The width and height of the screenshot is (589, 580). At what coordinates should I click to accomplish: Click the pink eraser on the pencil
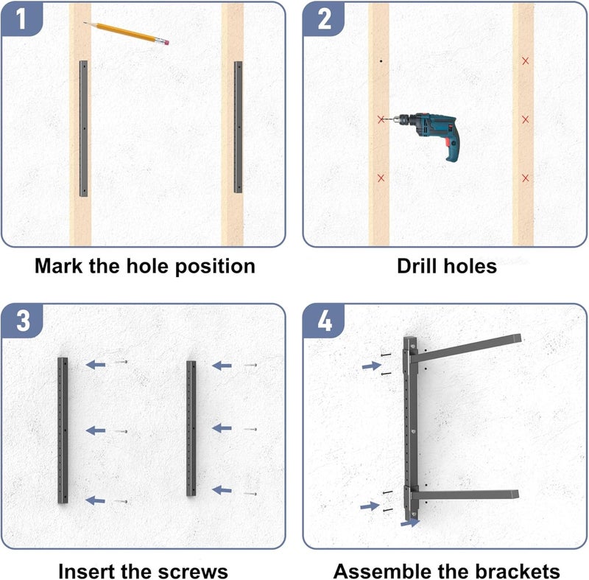tap(165, 42)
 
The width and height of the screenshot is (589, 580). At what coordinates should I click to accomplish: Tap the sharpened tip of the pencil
tap(84, 23)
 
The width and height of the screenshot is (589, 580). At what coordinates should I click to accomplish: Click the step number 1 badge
tap(22, 19)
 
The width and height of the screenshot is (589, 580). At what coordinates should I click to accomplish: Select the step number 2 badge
tap(324, 19)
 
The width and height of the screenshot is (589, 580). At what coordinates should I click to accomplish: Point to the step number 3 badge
tap(23, 321)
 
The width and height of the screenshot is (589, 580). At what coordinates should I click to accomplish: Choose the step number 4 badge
tap(324, 321)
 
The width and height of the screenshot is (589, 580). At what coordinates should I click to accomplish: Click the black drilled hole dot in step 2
tap(381, 60)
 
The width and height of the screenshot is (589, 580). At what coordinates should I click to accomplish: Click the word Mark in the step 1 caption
tap(58, 266)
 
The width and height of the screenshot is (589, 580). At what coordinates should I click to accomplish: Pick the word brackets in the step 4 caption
tap(518, 571)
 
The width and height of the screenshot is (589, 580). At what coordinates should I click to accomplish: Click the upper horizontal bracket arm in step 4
tap(466, 347)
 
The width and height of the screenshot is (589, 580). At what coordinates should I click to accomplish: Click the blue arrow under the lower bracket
tap(410, 523)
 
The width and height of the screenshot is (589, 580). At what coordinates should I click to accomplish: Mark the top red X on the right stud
tap(525, 60)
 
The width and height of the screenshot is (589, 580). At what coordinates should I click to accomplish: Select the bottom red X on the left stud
tap(381, 178)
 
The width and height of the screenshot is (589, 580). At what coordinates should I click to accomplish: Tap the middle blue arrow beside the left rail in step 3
tap(96, 431)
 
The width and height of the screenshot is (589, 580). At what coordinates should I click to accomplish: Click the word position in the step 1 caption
tap(215, 267)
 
